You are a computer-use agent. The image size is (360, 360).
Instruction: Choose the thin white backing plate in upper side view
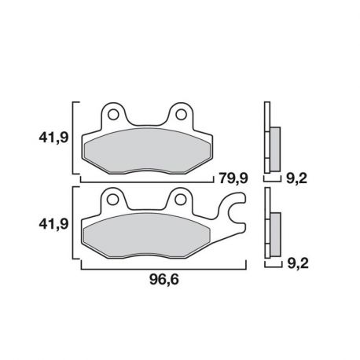[x=266, y=139]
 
